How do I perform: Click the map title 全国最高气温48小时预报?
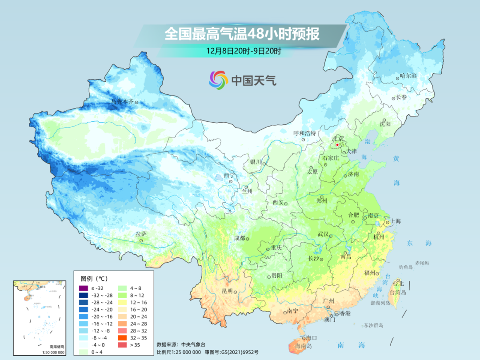coord(242,34)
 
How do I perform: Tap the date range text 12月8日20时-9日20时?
coord(243,51)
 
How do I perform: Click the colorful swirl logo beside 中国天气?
coord(218,80)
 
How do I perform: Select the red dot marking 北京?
coord(338,145)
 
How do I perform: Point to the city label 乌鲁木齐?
coord(122,101)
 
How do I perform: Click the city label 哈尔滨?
coord(408,76)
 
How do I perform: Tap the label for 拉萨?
coord(141,234)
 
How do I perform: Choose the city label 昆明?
coord(227,291)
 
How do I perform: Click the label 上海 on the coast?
coord(395,221)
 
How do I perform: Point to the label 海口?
coord(312,338)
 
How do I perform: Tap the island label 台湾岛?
coord(398,292)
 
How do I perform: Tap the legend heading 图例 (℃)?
coord(94,279)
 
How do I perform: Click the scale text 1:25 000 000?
coord(182,352)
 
